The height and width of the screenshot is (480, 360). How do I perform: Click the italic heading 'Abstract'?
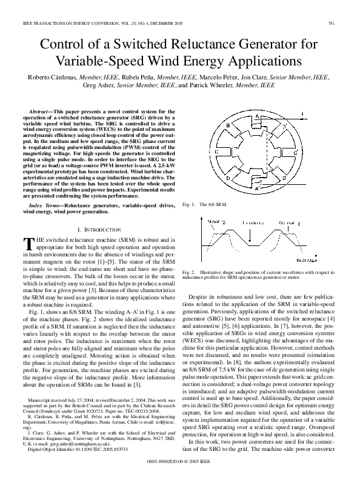pyautogui.click(x=40, y=112)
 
